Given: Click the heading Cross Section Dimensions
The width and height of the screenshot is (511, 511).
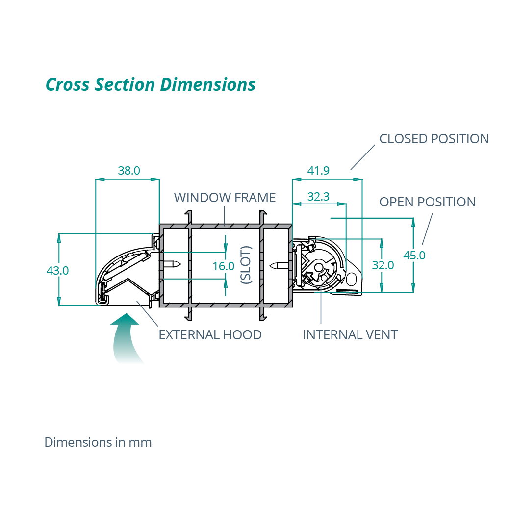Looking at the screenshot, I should [x=151, y=85].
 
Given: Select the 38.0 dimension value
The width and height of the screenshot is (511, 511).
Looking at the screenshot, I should [x=129, y=171].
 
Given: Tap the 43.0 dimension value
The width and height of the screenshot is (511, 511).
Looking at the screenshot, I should [x=57, y=270].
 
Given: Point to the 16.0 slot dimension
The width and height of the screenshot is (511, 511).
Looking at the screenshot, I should [x=223, y=266].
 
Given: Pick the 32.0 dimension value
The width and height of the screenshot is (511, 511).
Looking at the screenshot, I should [x=383, y=265].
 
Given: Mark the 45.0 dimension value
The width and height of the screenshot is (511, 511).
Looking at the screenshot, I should [x=414, y=255].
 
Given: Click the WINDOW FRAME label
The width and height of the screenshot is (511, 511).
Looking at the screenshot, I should [x=225, y=198].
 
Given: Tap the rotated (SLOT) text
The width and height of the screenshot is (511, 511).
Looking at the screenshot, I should [x=246, y=265].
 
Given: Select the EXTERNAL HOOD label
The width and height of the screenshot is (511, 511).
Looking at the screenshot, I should [x=210, y=335].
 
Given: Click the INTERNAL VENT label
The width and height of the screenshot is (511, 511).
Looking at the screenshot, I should [x=350, y=335].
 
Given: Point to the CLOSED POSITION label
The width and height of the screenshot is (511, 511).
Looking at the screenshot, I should [x=434, y=139].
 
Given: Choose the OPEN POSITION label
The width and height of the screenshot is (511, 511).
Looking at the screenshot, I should [x=427, y=202].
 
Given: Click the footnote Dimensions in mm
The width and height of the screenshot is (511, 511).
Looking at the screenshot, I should [x=98, y=442].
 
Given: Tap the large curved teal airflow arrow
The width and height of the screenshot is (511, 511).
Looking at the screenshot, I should [x=125, y=338].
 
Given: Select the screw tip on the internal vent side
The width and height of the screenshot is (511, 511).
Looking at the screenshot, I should [x=273, y=266].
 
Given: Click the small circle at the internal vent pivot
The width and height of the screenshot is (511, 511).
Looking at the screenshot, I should [x=319, y=267].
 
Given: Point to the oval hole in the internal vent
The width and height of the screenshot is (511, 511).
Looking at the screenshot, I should [x=352, y=279].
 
